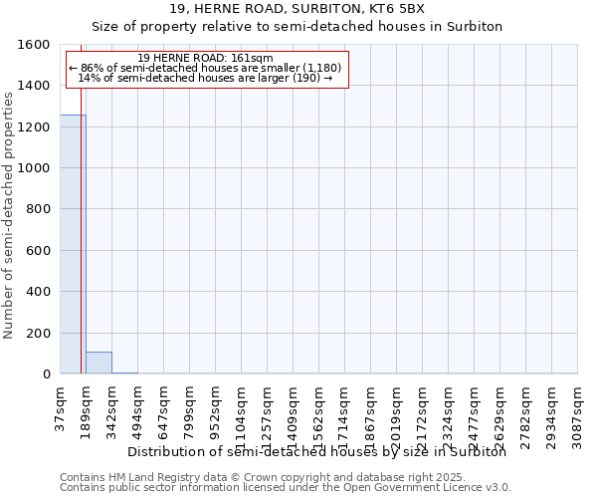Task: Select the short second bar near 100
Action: coord(99,363)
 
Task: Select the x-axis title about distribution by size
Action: coord(317,452)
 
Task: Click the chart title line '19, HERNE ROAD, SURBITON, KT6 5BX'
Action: coord(298,9)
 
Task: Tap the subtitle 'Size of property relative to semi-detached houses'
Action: coord(298,27)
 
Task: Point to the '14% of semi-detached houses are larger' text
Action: coord(204,78)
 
